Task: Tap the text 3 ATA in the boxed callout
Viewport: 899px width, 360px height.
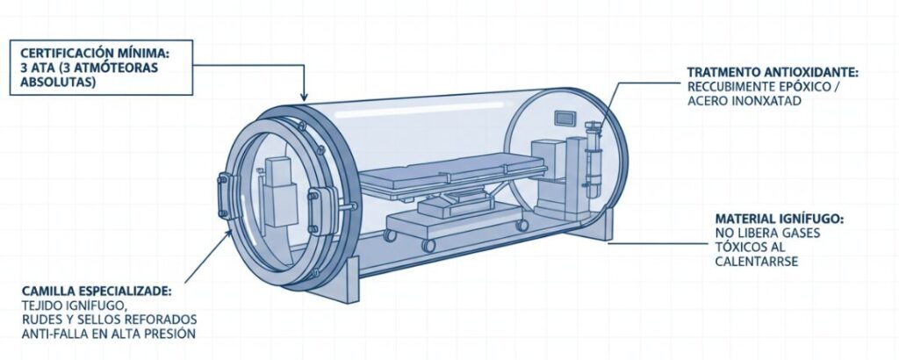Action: [x=35, y=67]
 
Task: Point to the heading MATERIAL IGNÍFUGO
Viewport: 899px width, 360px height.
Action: [x=780, y=220]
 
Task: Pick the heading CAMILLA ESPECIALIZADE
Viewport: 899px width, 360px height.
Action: [x=97, y=292]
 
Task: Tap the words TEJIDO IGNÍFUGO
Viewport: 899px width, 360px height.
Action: [x=72, y=306]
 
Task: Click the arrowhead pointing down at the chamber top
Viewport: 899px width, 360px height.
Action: [x=304, y=97]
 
